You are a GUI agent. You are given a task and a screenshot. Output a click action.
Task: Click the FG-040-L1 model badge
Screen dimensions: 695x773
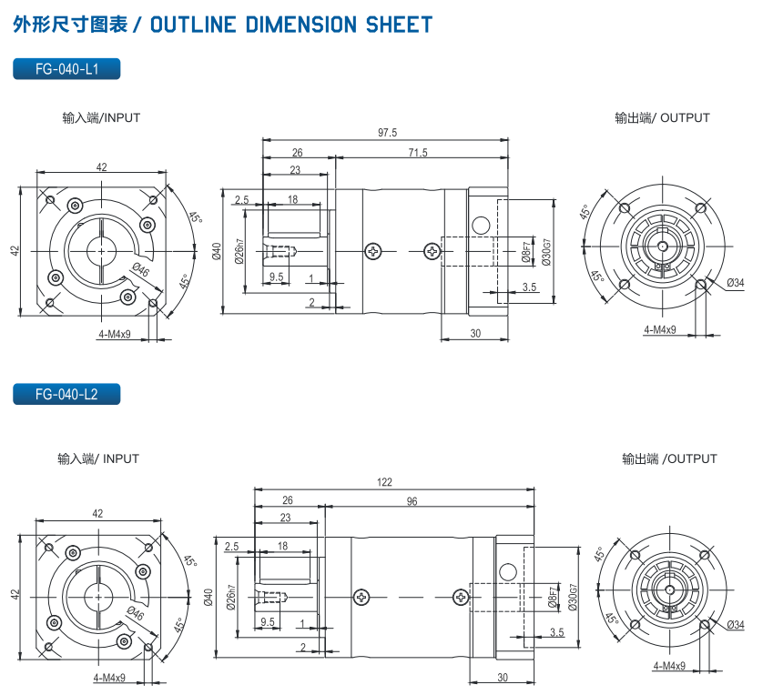coord(66,68)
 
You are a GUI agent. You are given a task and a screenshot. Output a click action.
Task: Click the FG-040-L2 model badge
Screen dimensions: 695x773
coord(66,394)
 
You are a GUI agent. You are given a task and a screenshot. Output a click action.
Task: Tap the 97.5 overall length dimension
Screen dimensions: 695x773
coord(387,133)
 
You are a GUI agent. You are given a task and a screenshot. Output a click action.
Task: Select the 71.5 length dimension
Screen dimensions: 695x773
coord(418,152)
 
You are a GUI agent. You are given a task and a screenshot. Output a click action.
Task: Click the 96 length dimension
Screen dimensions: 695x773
coord(412,501)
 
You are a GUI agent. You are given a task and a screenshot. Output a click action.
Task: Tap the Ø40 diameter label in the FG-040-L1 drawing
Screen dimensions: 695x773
coord(217,251)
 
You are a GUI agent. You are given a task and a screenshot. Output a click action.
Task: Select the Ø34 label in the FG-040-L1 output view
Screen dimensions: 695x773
coord(736,283)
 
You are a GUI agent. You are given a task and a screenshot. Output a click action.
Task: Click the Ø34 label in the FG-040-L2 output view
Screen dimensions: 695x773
coord(736,624)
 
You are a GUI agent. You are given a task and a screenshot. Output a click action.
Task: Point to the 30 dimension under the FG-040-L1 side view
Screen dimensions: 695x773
coord(475,334)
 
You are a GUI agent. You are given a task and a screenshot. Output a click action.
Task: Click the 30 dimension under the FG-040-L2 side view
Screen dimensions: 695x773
coord(503,678)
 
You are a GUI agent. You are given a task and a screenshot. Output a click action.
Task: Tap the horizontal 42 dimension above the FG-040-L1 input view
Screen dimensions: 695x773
coord(101,166)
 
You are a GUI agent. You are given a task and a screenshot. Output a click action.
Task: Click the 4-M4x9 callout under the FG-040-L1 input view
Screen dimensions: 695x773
coord(115,334)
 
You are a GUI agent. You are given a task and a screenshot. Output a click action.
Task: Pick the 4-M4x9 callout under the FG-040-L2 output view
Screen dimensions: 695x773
coord(669,666)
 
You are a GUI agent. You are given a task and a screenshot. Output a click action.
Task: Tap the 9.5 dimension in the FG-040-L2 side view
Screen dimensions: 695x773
coord(268,621)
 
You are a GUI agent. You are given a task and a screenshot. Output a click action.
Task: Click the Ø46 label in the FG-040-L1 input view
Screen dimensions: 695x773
coord(140,270)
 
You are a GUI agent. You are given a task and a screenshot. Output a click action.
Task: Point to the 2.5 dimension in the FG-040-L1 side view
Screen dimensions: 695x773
coord(241,199)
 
